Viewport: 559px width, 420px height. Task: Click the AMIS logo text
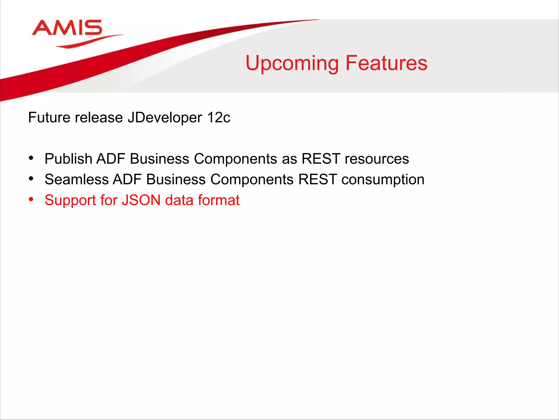(x=67, y=28)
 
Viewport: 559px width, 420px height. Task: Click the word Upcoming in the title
(x=292, y=63)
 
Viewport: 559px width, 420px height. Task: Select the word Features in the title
(x=386, y=63)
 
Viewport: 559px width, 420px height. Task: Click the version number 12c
(x=218, y=118)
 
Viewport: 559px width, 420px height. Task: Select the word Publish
(x=68, y=159)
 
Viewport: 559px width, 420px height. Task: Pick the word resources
(x=377, y=159)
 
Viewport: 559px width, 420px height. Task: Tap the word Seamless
(x=76, y=179)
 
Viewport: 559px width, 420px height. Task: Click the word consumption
(x=383, y=180)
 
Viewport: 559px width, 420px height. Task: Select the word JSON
(x=141, y=200)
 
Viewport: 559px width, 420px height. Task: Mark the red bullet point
(x=31, y=199)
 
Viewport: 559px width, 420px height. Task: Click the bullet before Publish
(x=31, y=158)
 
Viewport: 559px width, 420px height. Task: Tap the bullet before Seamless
(x=31, y=179)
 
